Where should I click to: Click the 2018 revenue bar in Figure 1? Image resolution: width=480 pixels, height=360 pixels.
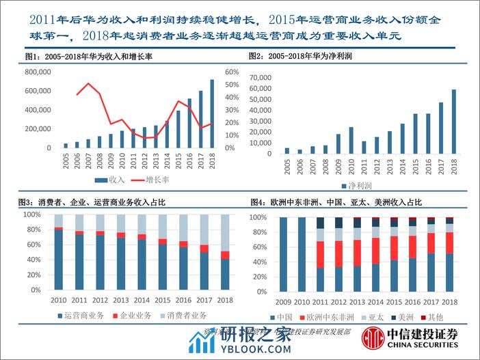coord(212,114)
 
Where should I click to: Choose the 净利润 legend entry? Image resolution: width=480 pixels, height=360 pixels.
coord(357,185)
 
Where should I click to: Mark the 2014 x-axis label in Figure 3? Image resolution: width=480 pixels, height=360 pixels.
coord(142,299)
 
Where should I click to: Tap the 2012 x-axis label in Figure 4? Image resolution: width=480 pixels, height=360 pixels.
coord(338,301)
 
